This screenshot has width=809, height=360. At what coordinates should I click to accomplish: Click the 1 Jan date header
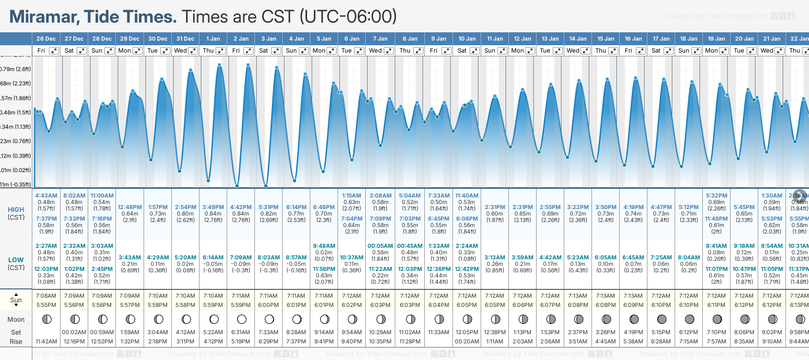pos(213,39)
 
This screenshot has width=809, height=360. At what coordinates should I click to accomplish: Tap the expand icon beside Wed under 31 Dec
pos(193,51)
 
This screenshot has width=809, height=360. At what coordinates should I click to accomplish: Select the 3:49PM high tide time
pos(213,207)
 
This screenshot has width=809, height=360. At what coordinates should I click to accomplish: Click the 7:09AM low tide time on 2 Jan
pos(241,258)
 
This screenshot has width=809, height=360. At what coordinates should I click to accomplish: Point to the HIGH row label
pos(16,210)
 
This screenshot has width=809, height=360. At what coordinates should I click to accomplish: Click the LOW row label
pos(16,260)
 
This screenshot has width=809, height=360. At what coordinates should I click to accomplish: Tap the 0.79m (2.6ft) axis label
pos(15,69)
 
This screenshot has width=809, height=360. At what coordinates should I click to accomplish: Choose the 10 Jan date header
pos(467,39)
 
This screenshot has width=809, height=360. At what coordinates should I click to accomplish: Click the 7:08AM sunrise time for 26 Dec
pos(46,296)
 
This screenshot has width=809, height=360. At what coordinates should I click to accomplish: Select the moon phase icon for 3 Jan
pos(269,319)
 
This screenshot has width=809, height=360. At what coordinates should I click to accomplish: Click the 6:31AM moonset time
pos(241,332)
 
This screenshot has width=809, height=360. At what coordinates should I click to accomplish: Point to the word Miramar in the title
pos(43,17)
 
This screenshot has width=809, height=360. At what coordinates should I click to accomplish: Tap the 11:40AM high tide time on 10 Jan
pos(467,196)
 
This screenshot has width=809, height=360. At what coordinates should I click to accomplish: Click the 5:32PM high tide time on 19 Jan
pos(716,196)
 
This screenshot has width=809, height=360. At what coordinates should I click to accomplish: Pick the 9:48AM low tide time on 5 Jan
pos(324,246)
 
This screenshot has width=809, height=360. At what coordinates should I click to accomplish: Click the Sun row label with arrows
pos(16,300)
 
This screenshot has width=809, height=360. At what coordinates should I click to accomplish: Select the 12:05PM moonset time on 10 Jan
pos(467,332)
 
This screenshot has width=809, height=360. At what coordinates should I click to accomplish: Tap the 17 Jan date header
pos(661,39)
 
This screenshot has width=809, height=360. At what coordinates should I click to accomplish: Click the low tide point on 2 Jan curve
pos(237,186)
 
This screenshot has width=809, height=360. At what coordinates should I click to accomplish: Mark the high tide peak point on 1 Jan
pos(219,65)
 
